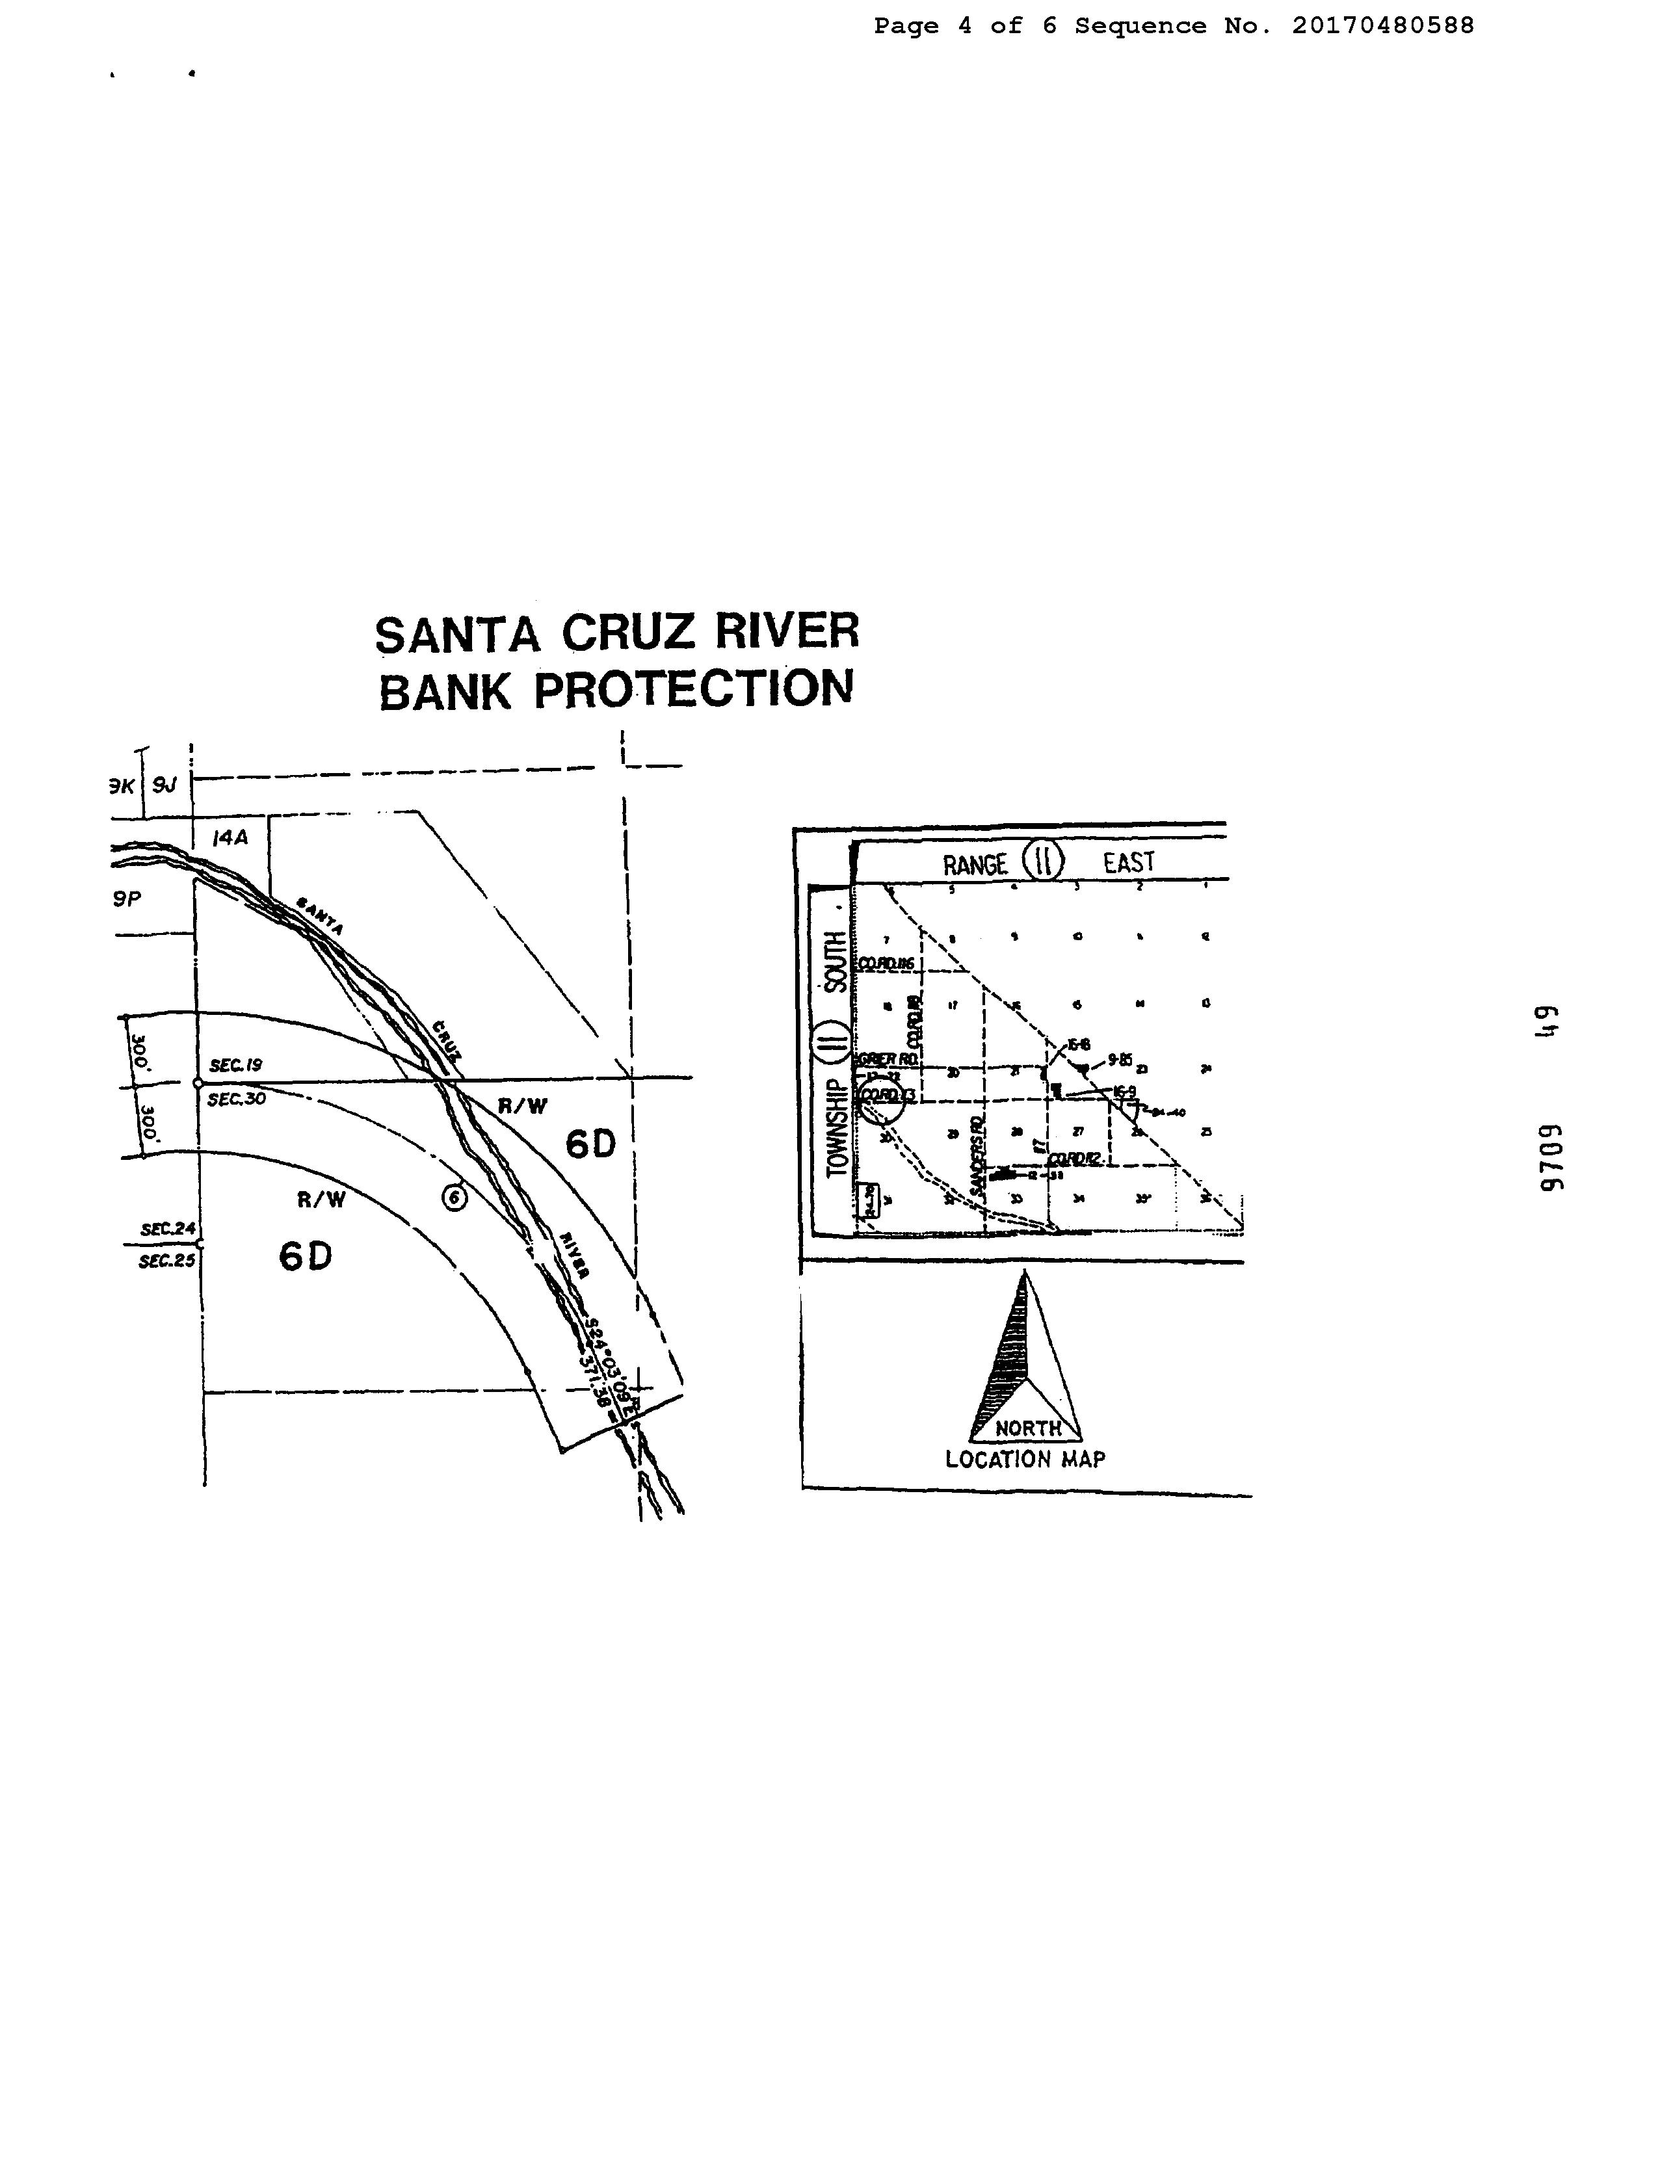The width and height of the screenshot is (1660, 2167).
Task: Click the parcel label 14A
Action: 230,838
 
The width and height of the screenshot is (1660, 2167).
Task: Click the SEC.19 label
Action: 235,1065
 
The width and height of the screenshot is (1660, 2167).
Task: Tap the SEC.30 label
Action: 236,1098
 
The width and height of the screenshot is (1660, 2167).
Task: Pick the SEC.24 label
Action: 168,1229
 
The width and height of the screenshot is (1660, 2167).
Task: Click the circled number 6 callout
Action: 454,1197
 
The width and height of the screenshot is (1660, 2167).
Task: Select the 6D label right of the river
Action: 591,1144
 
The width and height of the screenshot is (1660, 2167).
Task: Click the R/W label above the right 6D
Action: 521,1106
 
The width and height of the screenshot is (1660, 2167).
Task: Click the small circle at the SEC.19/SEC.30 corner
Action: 198,1083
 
